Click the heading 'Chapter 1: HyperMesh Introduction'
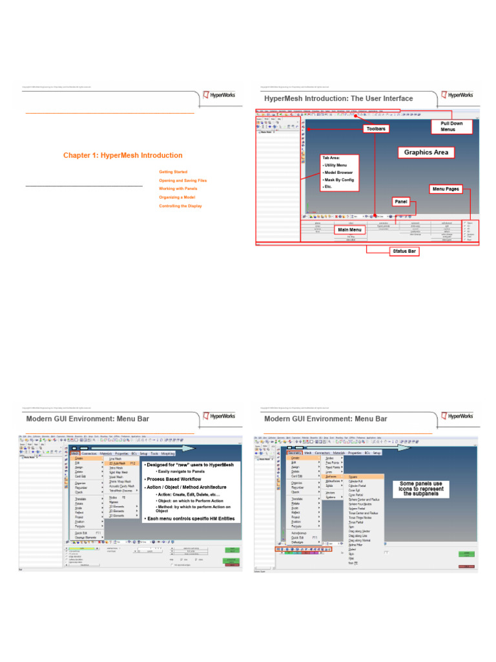[122, 155]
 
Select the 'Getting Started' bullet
[173, 172]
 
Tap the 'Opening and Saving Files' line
[183, 180]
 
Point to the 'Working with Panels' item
[178, 189]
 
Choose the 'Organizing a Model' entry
[177, 197]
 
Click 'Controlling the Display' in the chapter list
[180, 206]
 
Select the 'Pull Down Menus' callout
[448, 126]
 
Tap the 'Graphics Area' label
[426, 153]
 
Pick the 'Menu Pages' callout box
[446, 189]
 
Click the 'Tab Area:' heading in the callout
[331, 158]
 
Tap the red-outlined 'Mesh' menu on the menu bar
[74, 454]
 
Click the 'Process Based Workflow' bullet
[172, 479]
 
